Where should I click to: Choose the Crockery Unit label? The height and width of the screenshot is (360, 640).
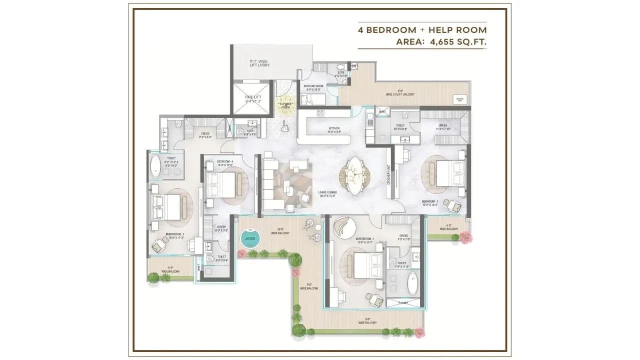(388, 175)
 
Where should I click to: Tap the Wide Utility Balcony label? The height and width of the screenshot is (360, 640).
(399, 93)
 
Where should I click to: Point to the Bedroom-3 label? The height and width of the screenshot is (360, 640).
(429, 203)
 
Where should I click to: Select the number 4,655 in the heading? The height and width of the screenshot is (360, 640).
(442, 42)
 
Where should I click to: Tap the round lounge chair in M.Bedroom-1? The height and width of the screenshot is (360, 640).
(343, 228)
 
